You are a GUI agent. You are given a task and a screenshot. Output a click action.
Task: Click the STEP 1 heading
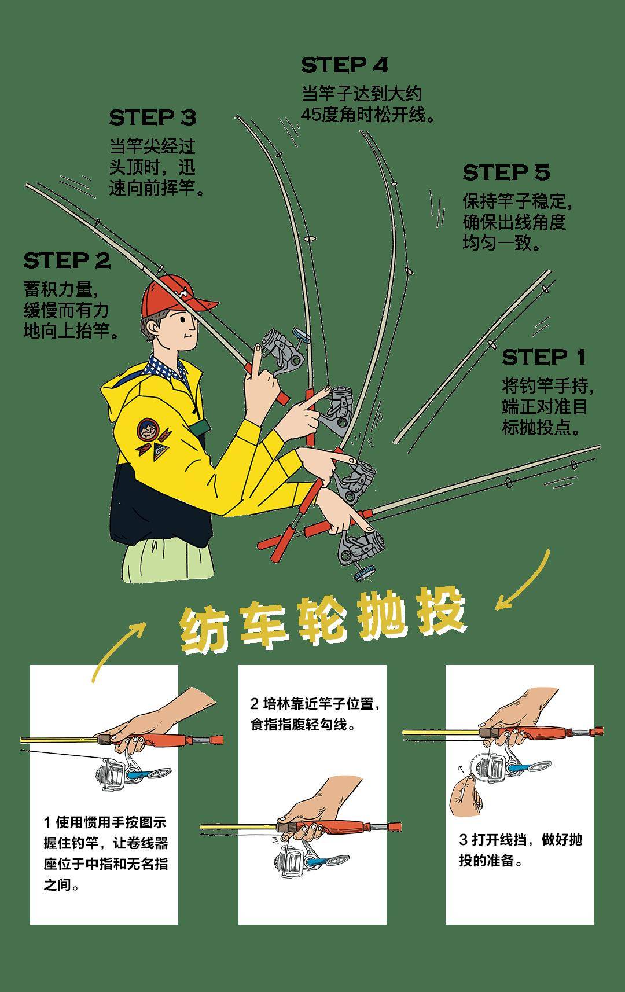(x=544, y=357)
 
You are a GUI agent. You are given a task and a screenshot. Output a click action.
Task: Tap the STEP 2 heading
(x=67, y=260)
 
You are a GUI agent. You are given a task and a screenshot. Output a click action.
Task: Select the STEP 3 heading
(x=153, y=117)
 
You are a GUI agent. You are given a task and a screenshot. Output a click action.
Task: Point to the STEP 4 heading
(x=344, y=65)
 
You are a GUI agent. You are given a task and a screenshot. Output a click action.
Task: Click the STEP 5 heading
(x=506, y=172)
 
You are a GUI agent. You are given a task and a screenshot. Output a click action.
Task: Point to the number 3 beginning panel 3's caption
(x=463, y=839)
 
